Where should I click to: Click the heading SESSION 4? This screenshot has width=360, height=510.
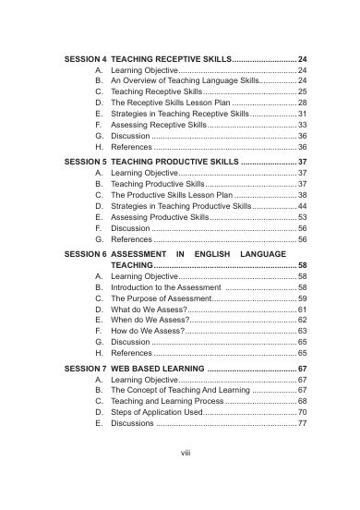click(x=84, y=57)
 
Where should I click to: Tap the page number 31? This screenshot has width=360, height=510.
click(x=302, y=114)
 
